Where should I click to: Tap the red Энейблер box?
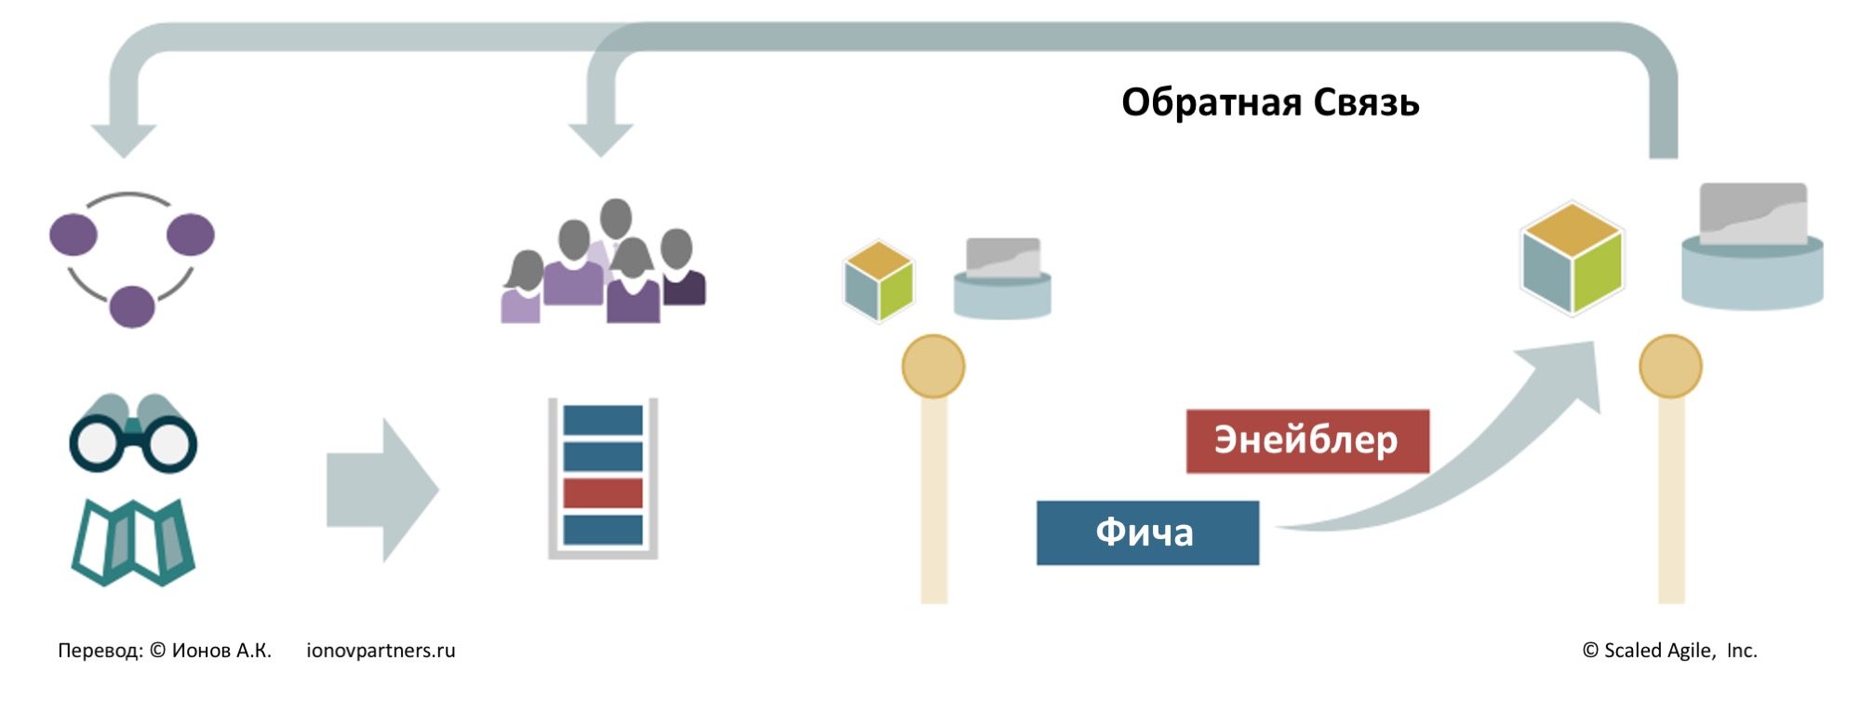tap(1306, 440)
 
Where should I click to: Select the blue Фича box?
tap(1147, 532)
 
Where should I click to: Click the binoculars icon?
tap(133, 434)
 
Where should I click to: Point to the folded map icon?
tap(133, 542)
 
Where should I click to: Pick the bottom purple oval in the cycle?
tap(132, 306)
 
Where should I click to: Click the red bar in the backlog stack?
tap(603, 492)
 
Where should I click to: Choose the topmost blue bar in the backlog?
tap(603, 420)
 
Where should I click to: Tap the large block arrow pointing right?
tap(382, 490)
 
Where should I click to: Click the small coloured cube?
tap(878, 281)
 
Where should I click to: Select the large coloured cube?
tap(1572, 259)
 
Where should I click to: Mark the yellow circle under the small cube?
tap(933, 367)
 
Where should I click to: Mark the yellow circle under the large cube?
tap(1670, 367)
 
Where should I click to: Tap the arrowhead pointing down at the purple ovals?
tap(124, 140)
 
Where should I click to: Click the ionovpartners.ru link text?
tap(381, 651)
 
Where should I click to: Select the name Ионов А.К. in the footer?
tap(221, 651)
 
